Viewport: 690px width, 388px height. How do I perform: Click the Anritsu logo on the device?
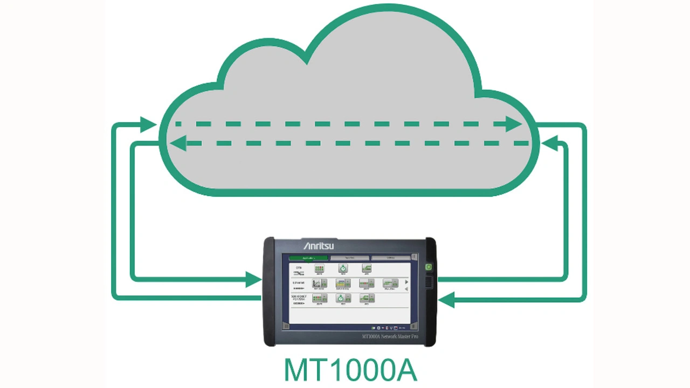pos(319,246)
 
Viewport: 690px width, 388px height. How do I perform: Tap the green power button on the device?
pos(429,267)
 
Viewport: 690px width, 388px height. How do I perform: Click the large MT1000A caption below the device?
pos(350,370)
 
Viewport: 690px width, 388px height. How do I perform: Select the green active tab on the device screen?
pos(308,258)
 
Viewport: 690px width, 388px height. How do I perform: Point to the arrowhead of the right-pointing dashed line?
pos(514,124)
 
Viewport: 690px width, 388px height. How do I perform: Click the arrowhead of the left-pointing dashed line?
pos(178,143)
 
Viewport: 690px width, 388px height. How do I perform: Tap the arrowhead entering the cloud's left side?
pos(148,124)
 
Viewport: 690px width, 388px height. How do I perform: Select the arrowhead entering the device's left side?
pos(253,279)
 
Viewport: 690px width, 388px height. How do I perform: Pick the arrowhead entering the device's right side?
pos(447,299)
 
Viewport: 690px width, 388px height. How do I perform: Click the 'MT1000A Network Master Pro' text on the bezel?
pos(390,337)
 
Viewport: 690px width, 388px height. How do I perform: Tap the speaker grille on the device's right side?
pos(429,282)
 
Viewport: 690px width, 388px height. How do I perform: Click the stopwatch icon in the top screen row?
pos(343,268)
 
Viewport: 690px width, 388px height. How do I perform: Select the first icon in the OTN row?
pos(320,268)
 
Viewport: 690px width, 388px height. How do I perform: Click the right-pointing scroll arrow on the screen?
pos(406,282)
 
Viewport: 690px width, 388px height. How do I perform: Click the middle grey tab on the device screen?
pos(350,258)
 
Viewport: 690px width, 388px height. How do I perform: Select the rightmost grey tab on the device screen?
pos(391,258)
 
